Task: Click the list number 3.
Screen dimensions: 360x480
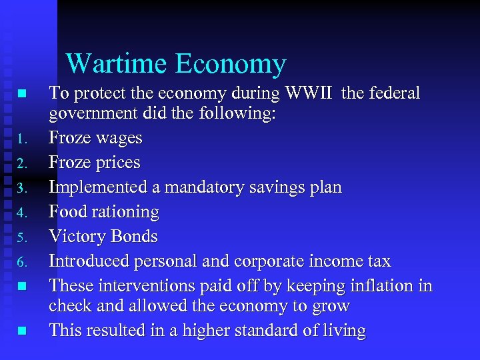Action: pos(22,189)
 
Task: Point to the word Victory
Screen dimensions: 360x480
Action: pos(77,237)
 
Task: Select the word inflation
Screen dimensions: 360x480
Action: pos(385,286)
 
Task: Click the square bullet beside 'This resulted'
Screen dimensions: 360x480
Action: pos(22,330)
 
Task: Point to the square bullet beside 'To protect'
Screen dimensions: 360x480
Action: pos(22,93)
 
